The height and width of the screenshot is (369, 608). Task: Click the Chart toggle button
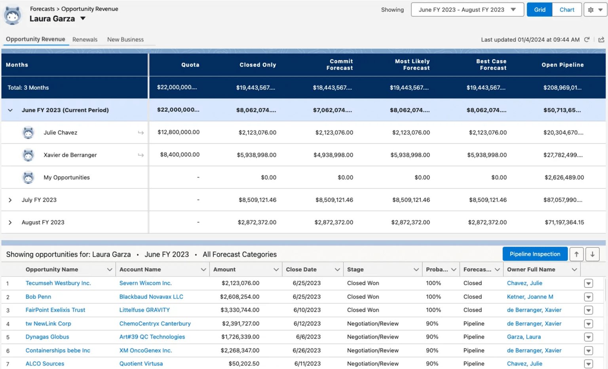[566, 10]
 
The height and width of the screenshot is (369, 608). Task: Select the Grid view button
[540, 10]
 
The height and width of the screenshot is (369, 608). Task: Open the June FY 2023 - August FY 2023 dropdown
[467, 10]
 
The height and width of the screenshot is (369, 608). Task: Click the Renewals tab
[85, 40]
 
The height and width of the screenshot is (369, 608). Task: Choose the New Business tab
[125, 40]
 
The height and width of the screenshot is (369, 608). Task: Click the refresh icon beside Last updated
[587, 40]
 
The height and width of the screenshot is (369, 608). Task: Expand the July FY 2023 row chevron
[10, 200]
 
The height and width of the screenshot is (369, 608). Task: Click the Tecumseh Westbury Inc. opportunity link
[58, 283]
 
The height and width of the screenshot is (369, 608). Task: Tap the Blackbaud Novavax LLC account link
[151, 297]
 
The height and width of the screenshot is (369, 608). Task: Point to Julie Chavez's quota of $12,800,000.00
[179, 132]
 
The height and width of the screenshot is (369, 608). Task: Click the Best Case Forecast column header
[491, 64]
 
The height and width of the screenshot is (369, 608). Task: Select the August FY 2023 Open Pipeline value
[564, 222]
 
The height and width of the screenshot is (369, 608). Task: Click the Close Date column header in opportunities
[301, 269]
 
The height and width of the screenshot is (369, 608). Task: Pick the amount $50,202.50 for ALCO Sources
[244, 363]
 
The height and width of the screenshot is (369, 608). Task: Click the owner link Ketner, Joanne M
[530, 297]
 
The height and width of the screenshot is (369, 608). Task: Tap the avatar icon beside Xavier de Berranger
[28, 155]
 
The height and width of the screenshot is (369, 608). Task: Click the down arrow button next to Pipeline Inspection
[592, 254]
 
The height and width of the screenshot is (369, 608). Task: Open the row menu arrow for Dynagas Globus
[588, 337]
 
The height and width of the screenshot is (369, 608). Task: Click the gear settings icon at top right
[591, 10]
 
